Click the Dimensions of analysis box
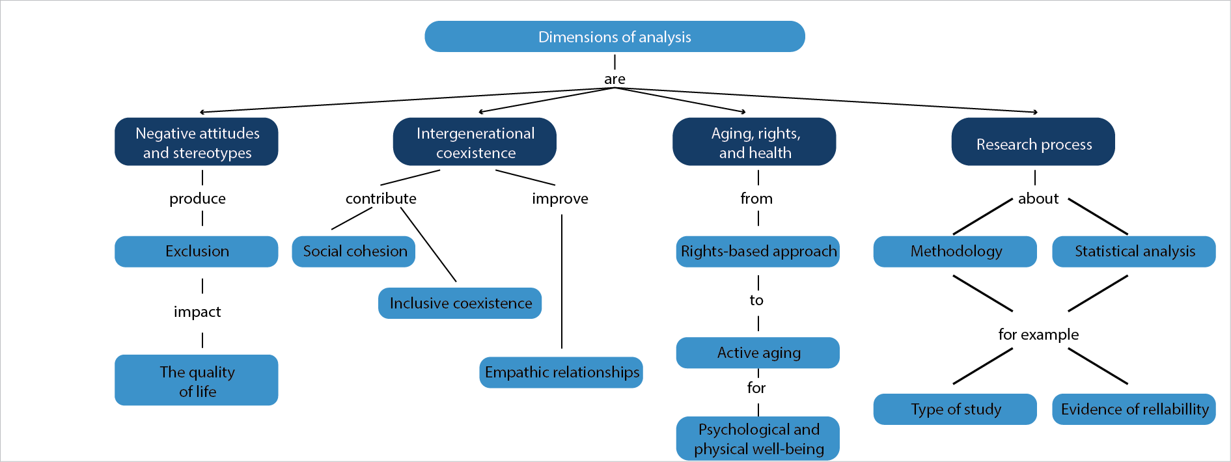(x=615, y=36)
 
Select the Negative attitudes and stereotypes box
(x=197, y=142)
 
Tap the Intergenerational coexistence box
(x=475, y=142)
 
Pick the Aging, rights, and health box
(x=754, y=142)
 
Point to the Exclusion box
(x=197, y=251)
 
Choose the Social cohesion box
(x=354, y=251)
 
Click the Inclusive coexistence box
(x=460, y=303)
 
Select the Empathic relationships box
(x=561, y=372)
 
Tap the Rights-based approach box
(x=758, y=251)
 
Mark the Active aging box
(x=758, y=353)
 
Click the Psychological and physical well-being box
(x=758, y=439)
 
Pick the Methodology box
(x=955, y=251)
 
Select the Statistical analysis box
(x=1134, y=251)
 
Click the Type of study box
(x=955, y=409)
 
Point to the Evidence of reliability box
(x=1134, y=409)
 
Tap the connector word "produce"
(x=197, y=198)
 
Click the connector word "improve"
(x=560, y=198)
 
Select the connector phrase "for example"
(x=1038, y=334)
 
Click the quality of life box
(x=197, y=381)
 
